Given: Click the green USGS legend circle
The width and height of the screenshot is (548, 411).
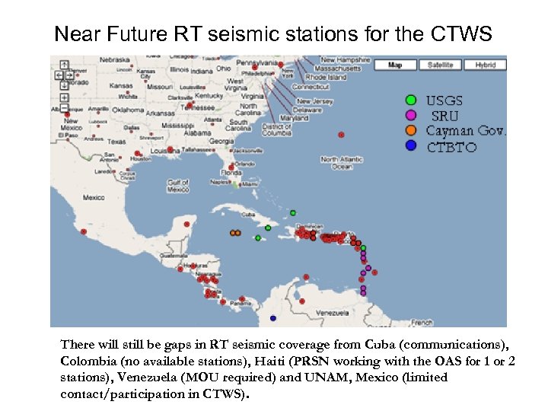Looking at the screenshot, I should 411,100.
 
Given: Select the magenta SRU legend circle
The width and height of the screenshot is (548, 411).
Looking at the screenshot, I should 411,115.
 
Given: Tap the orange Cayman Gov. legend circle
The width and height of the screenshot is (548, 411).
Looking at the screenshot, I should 411,130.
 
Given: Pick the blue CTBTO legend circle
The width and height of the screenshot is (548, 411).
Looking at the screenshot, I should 411,145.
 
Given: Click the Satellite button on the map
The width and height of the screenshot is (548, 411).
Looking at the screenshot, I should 439,65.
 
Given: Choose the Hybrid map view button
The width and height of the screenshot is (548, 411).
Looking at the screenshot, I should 485,65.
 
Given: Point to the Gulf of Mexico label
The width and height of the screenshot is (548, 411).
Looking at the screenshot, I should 178,185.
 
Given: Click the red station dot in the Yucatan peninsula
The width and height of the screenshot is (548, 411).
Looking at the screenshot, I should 188,225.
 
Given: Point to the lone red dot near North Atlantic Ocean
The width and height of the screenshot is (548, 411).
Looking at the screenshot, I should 341,135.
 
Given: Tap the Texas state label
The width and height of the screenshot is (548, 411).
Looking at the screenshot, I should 116,142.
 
